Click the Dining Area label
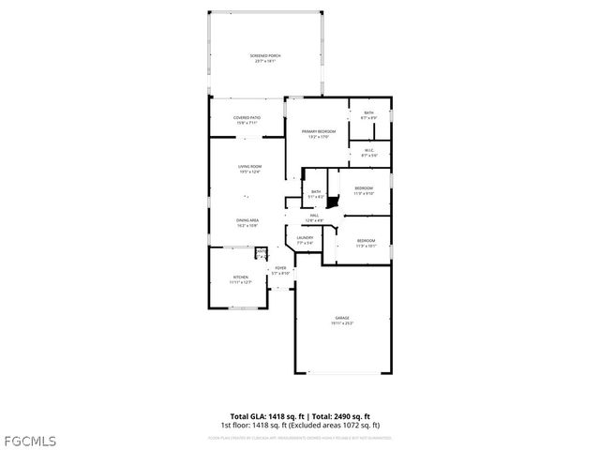pos(247,223)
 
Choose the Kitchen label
pos(241,279)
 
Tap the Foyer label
pos(279,271)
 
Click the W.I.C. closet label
pos(368,154)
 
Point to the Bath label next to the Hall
pos(316,194)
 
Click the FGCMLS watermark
pos(29,440)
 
